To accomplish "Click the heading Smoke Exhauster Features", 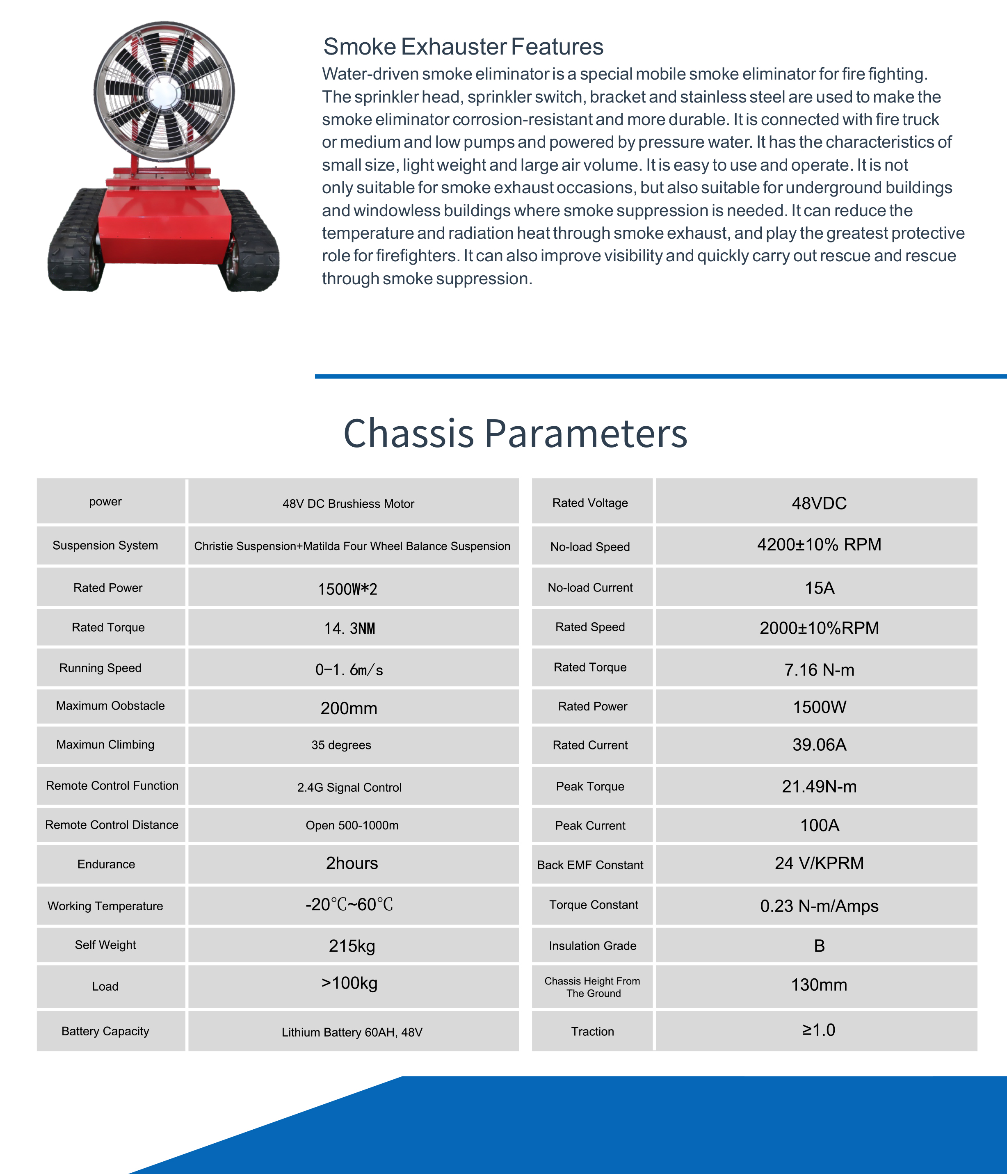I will [463, 46].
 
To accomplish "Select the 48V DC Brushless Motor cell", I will [349, 504].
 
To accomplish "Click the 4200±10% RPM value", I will [819, 544].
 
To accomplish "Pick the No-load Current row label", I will [590, 587].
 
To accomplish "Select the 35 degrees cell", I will [341, 745].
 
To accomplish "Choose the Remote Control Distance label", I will [112, 825].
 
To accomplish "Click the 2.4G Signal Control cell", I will [349, 788].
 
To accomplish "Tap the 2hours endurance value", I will [352, 863].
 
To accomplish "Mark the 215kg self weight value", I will [352, 946].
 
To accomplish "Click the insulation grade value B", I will [819, 946].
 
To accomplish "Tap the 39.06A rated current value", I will [819, 745].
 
